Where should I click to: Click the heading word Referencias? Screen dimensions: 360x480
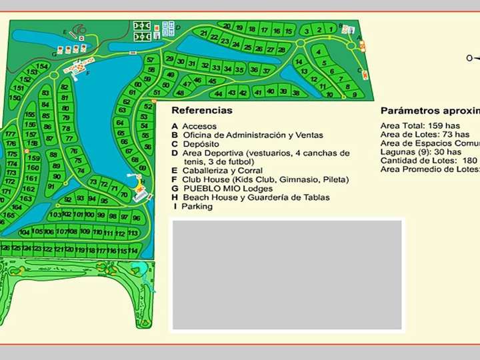click(201, 111)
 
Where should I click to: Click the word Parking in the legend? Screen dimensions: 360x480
click(197, 207)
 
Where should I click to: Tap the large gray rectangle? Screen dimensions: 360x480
click(287, 273)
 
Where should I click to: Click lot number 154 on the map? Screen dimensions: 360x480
click(43, 66)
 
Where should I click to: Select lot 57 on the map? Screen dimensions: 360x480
click(150, 60)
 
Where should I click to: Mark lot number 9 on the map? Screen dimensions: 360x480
click(355, 95)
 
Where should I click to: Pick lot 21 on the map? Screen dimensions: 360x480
click(203, 33)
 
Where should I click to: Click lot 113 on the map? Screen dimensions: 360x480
click(133, 234)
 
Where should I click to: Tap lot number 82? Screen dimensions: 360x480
click(64, 87)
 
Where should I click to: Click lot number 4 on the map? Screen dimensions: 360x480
click(319, 54)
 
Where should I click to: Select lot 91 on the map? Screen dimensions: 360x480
click(51, 187)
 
